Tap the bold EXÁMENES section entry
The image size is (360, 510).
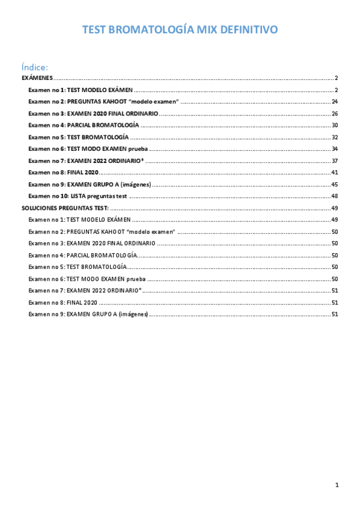click(x=37, y=78)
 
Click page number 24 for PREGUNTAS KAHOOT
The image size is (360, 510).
click(x=335, y=102)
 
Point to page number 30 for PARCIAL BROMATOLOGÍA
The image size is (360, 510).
click(x=335, y=125)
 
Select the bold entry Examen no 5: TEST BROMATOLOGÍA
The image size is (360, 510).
click(x=78, y=137)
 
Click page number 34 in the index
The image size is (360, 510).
click(x=335, y=149)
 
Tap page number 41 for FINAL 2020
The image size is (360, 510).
click(x=335, y=173)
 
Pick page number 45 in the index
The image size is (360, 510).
click(x=335, y=184)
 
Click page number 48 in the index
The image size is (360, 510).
click(x=335, y=196)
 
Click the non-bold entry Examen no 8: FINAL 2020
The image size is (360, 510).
click(x=63, y=302)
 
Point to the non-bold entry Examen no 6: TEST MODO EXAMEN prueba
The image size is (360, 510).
click(x=87, y=278)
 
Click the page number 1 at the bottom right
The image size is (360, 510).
click(x=337, y=485)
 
